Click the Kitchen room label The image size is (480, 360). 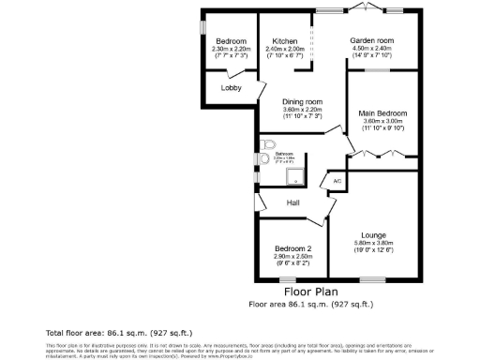click(285, 41)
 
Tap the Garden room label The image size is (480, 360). click(372, 41)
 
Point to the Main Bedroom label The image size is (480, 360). click(382, 112)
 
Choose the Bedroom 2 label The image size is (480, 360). click(292, 248)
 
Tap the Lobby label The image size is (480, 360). click(231, 88)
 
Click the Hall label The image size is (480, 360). click(292, 203)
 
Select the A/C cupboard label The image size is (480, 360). click(337, 180)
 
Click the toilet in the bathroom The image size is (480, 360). click(269, 146)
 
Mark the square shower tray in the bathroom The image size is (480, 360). click(294, 175)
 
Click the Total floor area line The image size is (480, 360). click(104, 333)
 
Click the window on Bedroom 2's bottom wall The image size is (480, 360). click(286, 279)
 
